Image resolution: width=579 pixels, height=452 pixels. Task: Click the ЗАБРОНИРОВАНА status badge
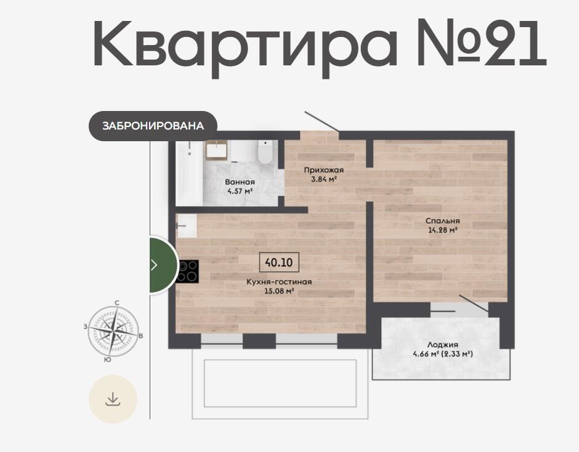point(153,126)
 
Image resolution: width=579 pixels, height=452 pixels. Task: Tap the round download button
point(113,399)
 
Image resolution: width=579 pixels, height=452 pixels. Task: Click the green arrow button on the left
point(163,265)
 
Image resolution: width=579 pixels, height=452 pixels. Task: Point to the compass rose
point(114,331)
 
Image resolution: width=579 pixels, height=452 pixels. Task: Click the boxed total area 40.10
point(279,263)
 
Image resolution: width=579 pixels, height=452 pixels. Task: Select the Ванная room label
point(240,182)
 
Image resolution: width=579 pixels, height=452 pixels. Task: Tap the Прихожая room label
point(324,170)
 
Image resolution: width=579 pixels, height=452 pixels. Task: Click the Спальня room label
point(443,221)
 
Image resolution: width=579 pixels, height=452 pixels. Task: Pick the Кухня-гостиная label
point(279,282)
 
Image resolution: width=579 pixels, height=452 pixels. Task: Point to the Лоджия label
point(443,345)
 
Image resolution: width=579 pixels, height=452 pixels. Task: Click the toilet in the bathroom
point(265,152)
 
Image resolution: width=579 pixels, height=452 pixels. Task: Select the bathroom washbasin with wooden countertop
point(216,150)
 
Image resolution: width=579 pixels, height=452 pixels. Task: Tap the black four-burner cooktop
point(188,272)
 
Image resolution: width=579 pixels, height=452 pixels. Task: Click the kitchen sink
point(187,226)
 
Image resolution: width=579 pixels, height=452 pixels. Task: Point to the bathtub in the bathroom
point(189,173)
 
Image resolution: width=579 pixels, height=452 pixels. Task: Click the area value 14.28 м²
point(443,230)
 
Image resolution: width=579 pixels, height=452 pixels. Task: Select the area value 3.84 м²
point(324,179)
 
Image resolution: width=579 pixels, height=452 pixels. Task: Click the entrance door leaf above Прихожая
point(322,121)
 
